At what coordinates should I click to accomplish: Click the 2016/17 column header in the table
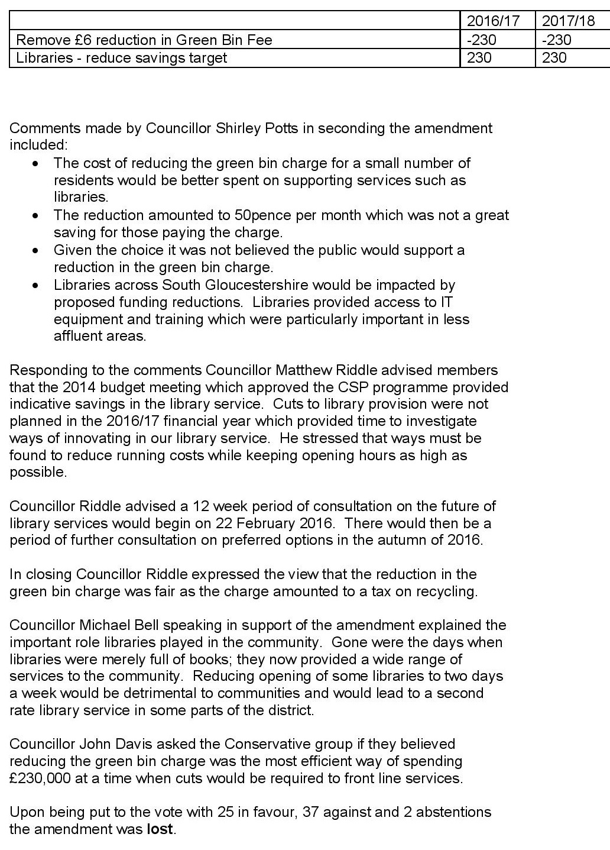(493, 21)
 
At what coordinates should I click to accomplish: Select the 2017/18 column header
(568, 21)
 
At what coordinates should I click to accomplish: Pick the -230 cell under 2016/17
(482, 40)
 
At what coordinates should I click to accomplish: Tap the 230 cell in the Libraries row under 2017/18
(554, 57)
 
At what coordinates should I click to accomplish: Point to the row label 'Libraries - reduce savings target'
(122, 57)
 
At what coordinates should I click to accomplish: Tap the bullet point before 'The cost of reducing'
(37, 163)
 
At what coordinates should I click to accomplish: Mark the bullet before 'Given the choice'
(37, 250)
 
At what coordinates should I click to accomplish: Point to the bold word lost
(159, 829)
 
